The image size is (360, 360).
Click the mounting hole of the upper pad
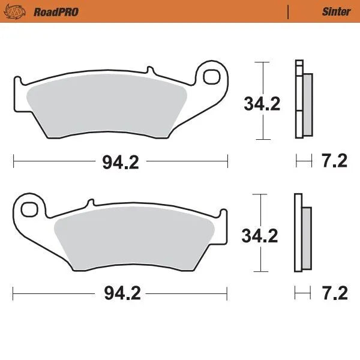coord(212,76)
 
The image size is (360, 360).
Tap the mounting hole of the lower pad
coord(28,209)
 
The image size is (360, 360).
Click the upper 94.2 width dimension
coord(120,161)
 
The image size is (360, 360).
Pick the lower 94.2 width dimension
coord(120,294)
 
